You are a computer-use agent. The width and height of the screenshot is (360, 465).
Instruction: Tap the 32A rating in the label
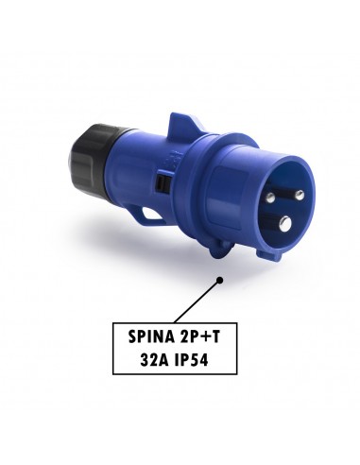(153, 360)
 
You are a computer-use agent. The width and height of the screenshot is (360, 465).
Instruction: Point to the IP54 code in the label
(191, 360)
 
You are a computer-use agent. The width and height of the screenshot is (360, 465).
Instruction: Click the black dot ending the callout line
(220, 280)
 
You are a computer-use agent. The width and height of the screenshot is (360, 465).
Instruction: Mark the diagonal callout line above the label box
(197, 301)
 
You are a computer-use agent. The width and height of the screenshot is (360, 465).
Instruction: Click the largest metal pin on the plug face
(286, 223)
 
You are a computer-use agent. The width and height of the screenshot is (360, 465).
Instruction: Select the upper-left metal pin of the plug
(270, 198)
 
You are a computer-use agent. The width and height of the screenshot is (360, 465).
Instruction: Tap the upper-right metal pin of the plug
(300, 196)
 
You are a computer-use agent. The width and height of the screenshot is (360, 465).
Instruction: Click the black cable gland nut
(91, 157)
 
